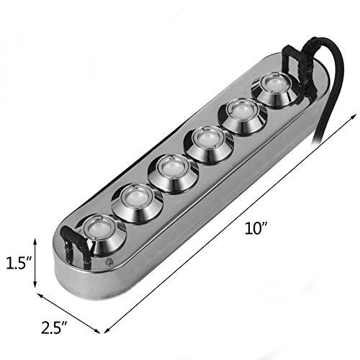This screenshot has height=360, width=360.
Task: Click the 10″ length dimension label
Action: click(x=256, y=228)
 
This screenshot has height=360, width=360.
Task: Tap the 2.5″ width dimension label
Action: click(x=54, y=328)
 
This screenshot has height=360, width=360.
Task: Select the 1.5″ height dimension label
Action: click(x=19, y=263)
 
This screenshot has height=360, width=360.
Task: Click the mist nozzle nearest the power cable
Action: click(x=275, y=90)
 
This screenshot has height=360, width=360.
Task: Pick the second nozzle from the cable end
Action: click(x=243, y=117)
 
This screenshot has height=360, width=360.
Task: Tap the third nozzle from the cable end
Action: click(x=208, y=145)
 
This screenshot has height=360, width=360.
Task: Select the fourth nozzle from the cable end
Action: click(x=174, y=174)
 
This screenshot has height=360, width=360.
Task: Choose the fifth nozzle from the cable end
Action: click(x=138, y=204)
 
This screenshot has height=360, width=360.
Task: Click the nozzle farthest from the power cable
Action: click(x=102, y=235)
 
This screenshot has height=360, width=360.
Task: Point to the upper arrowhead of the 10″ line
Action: click(x=354, y=116)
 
